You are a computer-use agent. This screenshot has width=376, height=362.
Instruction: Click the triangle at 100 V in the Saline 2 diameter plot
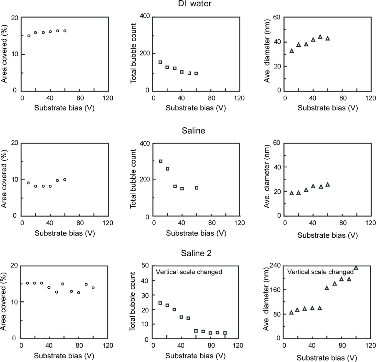(356, 267)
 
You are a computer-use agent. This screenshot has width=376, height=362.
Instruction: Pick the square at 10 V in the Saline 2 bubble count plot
(160, 303)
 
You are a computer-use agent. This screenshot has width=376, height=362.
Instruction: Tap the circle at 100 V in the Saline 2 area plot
(93, 288)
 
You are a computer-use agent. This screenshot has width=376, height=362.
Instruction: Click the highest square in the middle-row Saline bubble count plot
(160, 161)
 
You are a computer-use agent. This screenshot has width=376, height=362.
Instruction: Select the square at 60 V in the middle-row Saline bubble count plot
(196, 188)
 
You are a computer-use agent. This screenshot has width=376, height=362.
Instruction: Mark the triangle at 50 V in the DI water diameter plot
(320, 37)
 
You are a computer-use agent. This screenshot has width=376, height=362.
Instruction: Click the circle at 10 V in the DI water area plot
(29, 36)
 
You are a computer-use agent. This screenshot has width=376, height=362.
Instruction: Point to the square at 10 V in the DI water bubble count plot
(160, 62)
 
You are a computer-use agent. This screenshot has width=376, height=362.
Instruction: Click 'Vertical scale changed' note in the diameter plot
(315, 273)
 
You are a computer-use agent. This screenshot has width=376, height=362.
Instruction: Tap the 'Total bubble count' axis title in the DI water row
(134, 53)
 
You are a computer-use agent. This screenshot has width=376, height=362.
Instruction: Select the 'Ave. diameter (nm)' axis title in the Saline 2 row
(267, 302)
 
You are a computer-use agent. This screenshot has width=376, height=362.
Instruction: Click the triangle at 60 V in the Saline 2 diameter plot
(327, 288)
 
